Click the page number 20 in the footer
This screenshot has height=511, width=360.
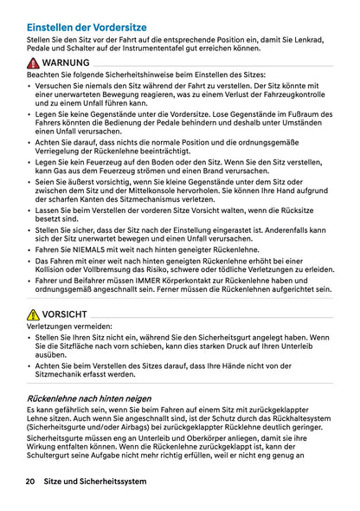[x=30, y=481]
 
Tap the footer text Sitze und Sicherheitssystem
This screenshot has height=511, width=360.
[x=95, y=481]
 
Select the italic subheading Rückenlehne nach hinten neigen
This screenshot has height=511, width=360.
[x=89, y=398]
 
